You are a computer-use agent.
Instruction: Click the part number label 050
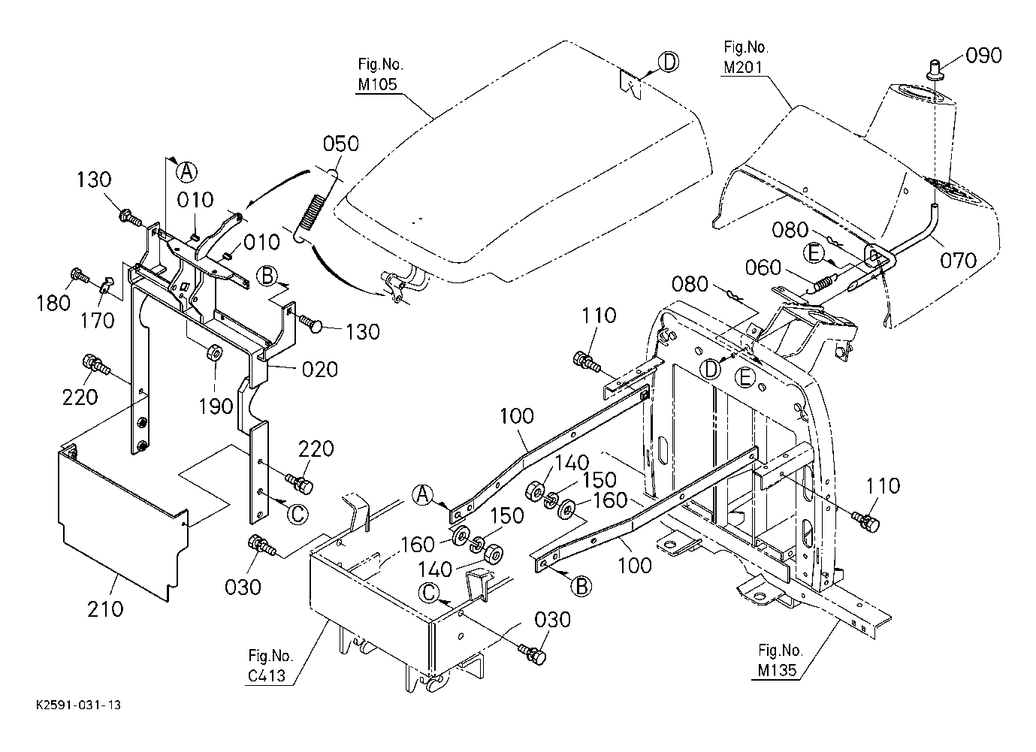pos(340,143)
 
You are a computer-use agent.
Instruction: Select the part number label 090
pos(983,56)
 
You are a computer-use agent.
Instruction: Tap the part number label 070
pos(958,261)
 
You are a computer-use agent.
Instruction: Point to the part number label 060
pos(763,267)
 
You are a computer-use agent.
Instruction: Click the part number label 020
pos(319,370)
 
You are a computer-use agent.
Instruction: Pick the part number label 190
pos(216,406)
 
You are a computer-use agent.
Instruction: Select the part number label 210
pos(105,609)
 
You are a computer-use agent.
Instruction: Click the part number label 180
pos(53,303)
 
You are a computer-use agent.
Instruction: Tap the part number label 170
pos(98,321)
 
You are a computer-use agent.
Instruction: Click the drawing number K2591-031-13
pos(79,705)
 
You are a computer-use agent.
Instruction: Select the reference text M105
pos(377,84)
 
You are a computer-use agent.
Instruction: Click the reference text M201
pos(743,68)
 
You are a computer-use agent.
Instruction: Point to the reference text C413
pos(267,675)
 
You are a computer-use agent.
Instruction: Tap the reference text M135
pos(778,670)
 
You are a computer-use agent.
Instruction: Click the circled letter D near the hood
pos(669,62)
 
